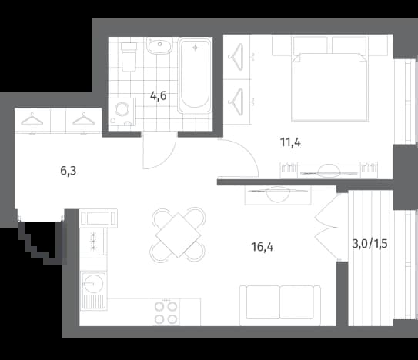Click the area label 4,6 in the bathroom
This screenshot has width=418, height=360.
click(159, 95)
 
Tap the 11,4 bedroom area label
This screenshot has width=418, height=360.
click(290, 142)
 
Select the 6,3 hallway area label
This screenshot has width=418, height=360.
click(69, 171)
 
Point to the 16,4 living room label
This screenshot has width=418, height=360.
click(263, 247)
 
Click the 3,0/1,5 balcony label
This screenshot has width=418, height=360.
click(370, 244)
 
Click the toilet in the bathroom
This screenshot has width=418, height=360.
click(129, 57)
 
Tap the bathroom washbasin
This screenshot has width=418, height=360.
click(159, 45)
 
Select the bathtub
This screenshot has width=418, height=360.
click(195, 76)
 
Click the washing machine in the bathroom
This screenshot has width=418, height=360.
click(122, 112)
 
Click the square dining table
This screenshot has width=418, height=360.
click(178, 235)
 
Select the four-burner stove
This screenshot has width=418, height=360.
click(166, 312)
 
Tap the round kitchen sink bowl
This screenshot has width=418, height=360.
click(93, 284)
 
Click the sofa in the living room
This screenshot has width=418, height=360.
click(280, 305)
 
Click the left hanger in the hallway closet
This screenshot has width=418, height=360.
click(32, 119)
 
